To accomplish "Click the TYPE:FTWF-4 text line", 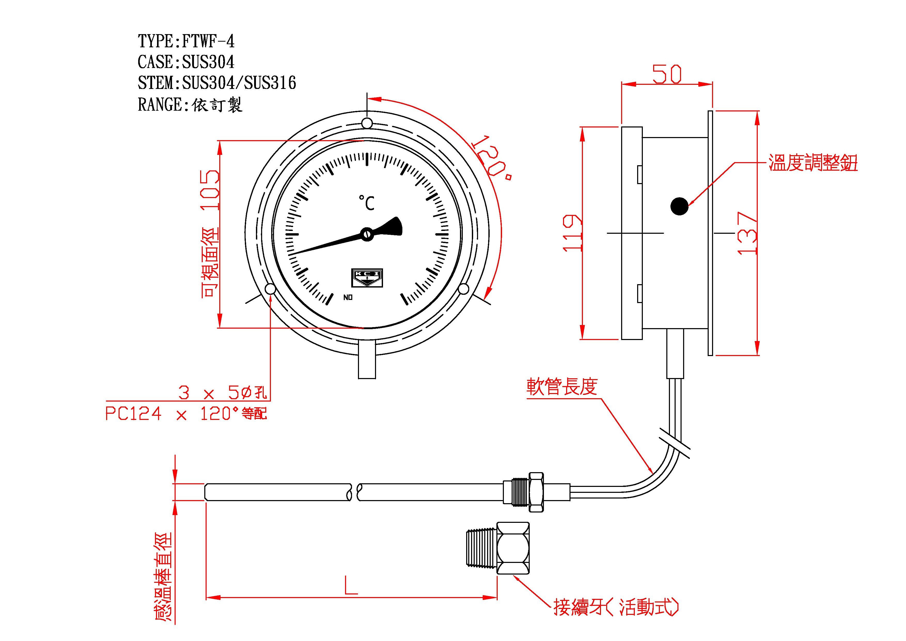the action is [186, 41].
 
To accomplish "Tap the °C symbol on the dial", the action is [366, 203].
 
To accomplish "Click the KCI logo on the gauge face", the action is [367, 278].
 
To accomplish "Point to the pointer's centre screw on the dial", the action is [367, 234].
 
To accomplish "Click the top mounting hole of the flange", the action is [367, 123].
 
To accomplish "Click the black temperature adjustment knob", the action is [679, 206].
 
